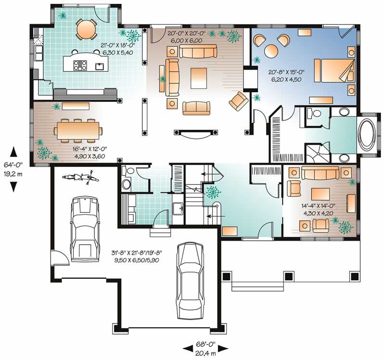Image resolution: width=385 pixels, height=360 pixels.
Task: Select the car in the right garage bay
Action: click(x=191, y=279)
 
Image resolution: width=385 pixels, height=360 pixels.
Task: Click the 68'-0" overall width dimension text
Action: click(x=205, y=345)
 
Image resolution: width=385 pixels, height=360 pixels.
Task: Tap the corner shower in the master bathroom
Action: click(x=316, y=153)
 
